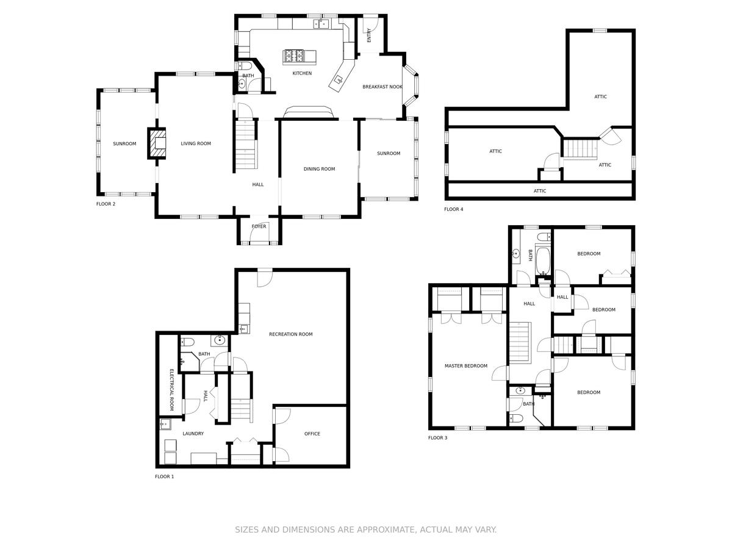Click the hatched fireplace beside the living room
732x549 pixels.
156,143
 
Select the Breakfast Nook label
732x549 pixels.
382,87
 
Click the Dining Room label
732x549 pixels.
319,169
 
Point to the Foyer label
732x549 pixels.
259,226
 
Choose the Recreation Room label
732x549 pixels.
291,334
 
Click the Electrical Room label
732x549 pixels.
172,390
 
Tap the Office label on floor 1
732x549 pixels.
312,434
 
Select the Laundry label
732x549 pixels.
193,433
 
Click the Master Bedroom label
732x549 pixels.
466,365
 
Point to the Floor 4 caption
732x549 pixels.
454,209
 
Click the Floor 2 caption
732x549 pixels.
106,204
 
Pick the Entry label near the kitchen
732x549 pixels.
369,35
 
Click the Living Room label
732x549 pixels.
196,143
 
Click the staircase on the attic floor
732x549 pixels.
580,149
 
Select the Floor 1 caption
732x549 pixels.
165,476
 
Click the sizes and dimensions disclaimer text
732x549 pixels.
366,529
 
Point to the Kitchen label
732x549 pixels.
302,73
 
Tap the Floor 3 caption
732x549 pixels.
437,437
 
